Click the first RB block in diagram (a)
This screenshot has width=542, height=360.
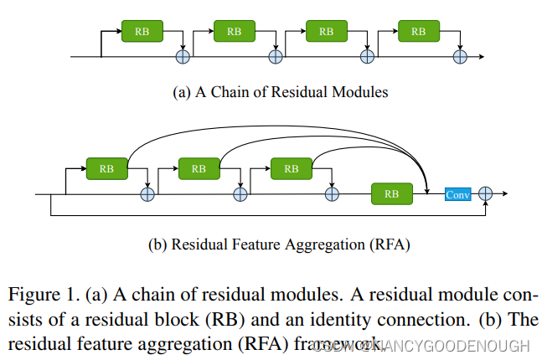[142, 31]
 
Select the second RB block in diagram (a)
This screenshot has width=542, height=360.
[235, 31]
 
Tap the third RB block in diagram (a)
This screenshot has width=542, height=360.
[327, 31]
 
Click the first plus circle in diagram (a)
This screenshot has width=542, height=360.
[183, 57]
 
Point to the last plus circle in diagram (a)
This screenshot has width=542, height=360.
[459, 57]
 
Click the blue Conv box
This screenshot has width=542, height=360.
[457, 194]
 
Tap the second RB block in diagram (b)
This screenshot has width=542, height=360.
[199, 168]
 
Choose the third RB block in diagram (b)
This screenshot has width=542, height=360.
[291, 168]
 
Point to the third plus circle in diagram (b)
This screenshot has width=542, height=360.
[332, 194]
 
